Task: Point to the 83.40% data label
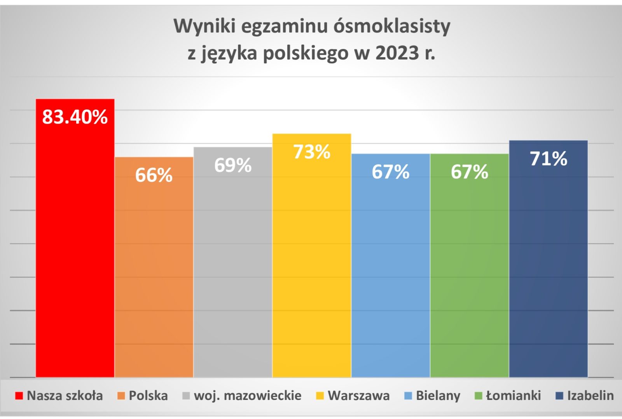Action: (x=75, y=117)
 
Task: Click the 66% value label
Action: (x=154, y=175)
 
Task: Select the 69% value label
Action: (x=233, y=165)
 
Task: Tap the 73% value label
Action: (x=312, y=152)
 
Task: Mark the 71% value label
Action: (x=549, y=159)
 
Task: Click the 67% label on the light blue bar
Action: (x=391, y=172)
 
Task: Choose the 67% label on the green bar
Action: (x=470, y=172)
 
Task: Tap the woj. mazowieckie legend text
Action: (x=248, y=396)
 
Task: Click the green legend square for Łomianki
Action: (x=479, y=396)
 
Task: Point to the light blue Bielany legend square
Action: (x=408, y=396)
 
